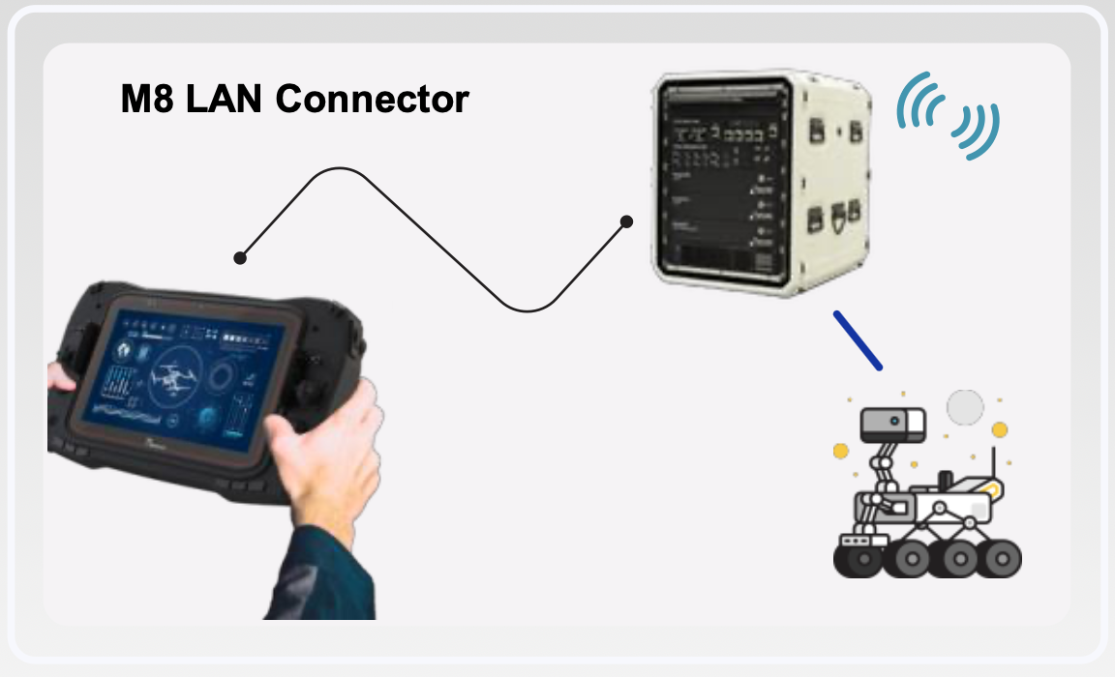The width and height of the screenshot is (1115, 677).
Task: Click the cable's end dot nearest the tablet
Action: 240,258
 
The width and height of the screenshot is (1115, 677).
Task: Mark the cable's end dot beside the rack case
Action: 626,221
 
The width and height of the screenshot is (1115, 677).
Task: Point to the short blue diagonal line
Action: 858,339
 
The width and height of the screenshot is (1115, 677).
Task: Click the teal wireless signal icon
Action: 948,114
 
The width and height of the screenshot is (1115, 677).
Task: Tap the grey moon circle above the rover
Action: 965,408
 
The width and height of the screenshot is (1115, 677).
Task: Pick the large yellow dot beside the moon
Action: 1000,429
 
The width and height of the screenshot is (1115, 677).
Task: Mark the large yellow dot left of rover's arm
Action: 841,451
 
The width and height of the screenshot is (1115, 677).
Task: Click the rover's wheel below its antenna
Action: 1001,558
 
